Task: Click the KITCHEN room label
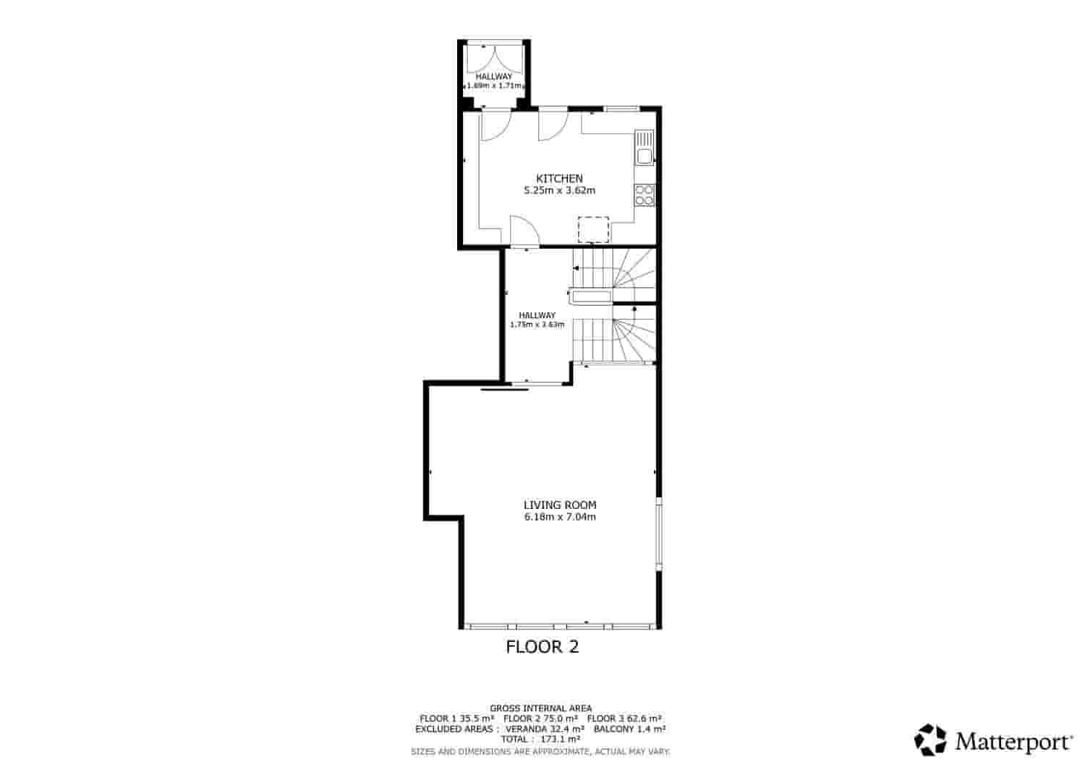click(x=559, y=179)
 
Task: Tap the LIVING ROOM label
click(x=560, y=505)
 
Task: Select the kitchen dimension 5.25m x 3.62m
click(x=559, y=191)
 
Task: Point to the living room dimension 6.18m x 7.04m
click(x=560, y=517)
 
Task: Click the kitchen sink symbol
click(x=644, y=147)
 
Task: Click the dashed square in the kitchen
click(x=593, y=230)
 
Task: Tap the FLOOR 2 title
click(x=542, y=647)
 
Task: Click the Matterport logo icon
click(x=930, y=740)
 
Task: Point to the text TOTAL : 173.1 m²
click(x=541, y=740)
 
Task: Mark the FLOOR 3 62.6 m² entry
click(x=624, y=719)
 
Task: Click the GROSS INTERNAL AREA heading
click(x=541, y=708)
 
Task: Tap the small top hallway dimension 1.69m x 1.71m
click(x=494, y=85)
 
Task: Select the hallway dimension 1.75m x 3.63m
click(x=537, y=325)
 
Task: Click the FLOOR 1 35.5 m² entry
click(x=456, y=719)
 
